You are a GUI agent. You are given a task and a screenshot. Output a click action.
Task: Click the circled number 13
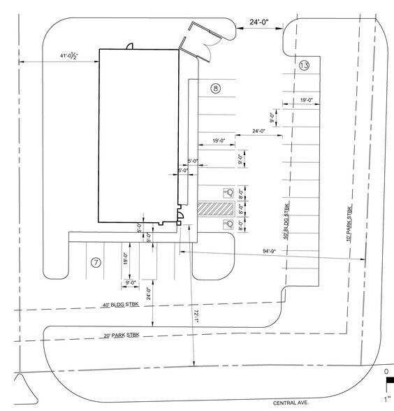(303, 66)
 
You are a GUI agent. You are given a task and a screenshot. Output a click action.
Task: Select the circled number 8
(216, 89)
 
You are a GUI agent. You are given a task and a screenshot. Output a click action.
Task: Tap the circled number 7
(96, 263)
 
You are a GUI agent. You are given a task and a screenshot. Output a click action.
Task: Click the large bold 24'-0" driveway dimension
(262, 23)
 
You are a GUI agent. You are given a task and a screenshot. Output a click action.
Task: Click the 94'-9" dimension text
(271, 250)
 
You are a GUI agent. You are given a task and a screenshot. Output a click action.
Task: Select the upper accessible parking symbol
(227, 192)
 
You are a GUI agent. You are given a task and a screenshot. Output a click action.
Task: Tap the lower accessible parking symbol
(227, 224)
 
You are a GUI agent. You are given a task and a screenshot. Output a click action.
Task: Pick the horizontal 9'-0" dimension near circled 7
(131, 282)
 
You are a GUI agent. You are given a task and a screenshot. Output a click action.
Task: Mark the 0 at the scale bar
(386, 372)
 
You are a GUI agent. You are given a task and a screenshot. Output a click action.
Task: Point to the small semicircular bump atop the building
(129, 47)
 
